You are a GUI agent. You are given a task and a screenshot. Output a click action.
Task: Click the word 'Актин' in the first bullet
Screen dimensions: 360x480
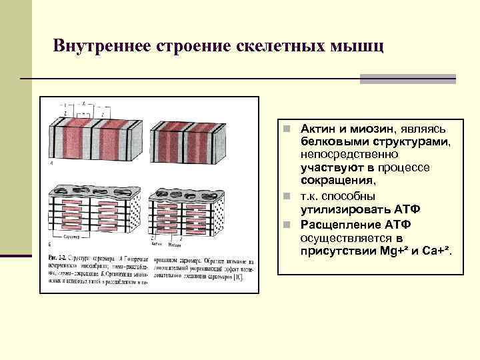coord(318,128)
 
